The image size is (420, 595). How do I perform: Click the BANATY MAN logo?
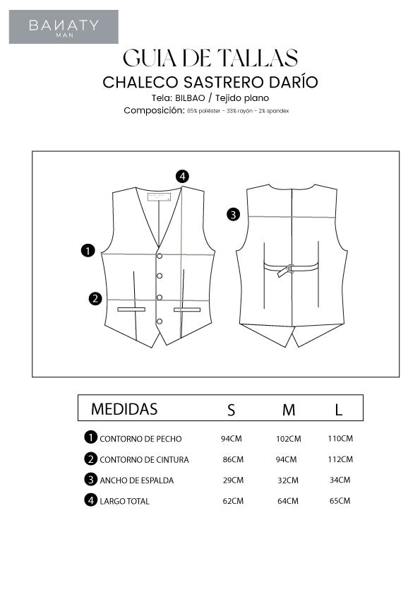[x=64, y=27]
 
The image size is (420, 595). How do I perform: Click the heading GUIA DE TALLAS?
[x=210, y=57]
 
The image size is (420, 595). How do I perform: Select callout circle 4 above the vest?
[x=183, y=176]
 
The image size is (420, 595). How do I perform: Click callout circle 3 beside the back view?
[x=234, y=214]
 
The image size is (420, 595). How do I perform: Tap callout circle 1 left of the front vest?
[x=88, y=250]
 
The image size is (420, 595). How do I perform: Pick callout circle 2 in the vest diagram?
[x=95, y=298]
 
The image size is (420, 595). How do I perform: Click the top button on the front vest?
[x=160, y=255]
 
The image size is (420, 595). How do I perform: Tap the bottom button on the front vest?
[x=160, y=321]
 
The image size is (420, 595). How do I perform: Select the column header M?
[x=288, y=409]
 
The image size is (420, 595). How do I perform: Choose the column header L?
[x=339, y=409]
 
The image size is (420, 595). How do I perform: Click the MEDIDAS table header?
[x=124, y=409]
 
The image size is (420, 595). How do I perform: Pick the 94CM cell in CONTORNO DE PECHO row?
[x=232, y=438]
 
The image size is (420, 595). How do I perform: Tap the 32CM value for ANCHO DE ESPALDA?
[x=288, y=481]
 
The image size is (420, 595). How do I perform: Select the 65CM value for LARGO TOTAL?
[x=340, y=501]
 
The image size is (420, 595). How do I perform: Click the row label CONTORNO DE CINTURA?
[x=144, y=459]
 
